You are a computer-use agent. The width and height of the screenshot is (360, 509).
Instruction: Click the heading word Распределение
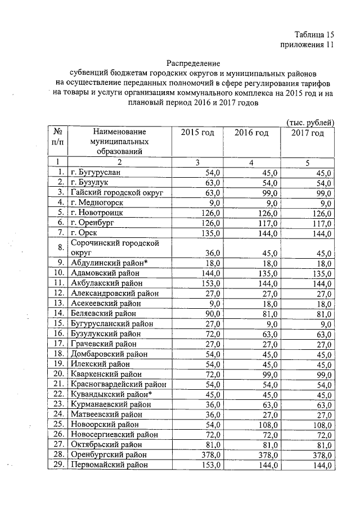point(193,62)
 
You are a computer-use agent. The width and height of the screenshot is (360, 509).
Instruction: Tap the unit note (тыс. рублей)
point(310,122)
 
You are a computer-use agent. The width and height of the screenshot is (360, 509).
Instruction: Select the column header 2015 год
point(197,133)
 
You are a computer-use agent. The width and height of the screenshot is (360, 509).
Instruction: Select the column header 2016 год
point(251,133)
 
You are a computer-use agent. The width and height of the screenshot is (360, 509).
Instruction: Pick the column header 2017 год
point(308,133)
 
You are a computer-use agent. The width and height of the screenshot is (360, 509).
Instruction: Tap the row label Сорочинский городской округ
point(113,247)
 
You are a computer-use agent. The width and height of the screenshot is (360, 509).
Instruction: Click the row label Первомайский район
point(110,465)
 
